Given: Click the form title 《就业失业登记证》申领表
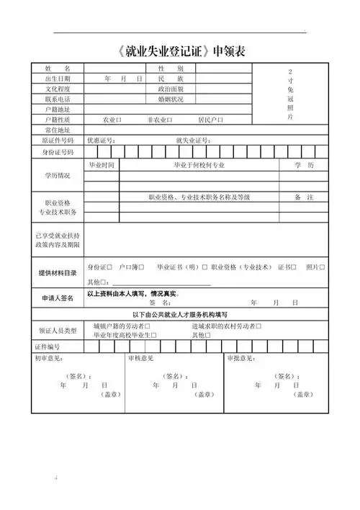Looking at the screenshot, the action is (x=180, y=50).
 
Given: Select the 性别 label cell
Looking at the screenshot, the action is (x=171, y=68).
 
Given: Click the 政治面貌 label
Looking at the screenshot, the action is (x=171, y=88).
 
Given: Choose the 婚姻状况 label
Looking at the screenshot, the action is (x=171, y=98).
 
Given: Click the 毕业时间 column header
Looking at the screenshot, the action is (x=102, y=165).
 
